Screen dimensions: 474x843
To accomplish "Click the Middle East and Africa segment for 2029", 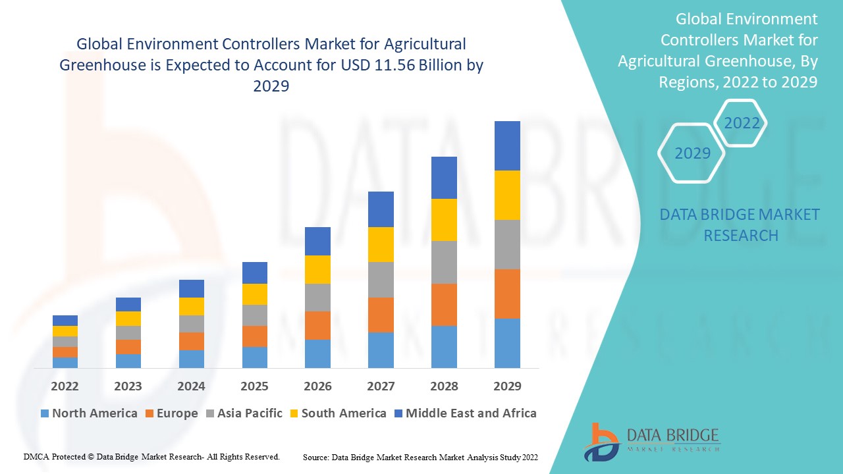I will [507, 145].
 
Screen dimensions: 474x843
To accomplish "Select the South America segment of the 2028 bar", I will [444, 220].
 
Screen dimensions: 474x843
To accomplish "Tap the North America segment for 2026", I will [317, 354].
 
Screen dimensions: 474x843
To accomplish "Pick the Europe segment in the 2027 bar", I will [381, 315].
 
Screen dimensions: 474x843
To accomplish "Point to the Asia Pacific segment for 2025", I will [255, 315].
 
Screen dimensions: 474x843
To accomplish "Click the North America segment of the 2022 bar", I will [65, 363].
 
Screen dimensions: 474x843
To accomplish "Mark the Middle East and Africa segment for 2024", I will [192, 288].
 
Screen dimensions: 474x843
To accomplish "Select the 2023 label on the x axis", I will [128, 386].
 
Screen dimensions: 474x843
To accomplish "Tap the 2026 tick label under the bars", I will [317, 386].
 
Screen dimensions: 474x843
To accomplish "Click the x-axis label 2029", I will [507, 386].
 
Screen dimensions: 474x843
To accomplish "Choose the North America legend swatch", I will [45, 413].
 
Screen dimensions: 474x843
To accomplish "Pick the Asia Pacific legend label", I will [250, 413].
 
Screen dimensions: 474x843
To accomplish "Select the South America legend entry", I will [343, 413].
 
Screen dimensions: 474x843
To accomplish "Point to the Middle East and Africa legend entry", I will [470, 413].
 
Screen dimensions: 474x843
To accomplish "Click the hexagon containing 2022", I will [742, 123].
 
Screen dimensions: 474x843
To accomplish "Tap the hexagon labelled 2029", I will [692, 153].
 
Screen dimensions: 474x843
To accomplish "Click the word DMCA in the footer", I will [36, 456].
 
